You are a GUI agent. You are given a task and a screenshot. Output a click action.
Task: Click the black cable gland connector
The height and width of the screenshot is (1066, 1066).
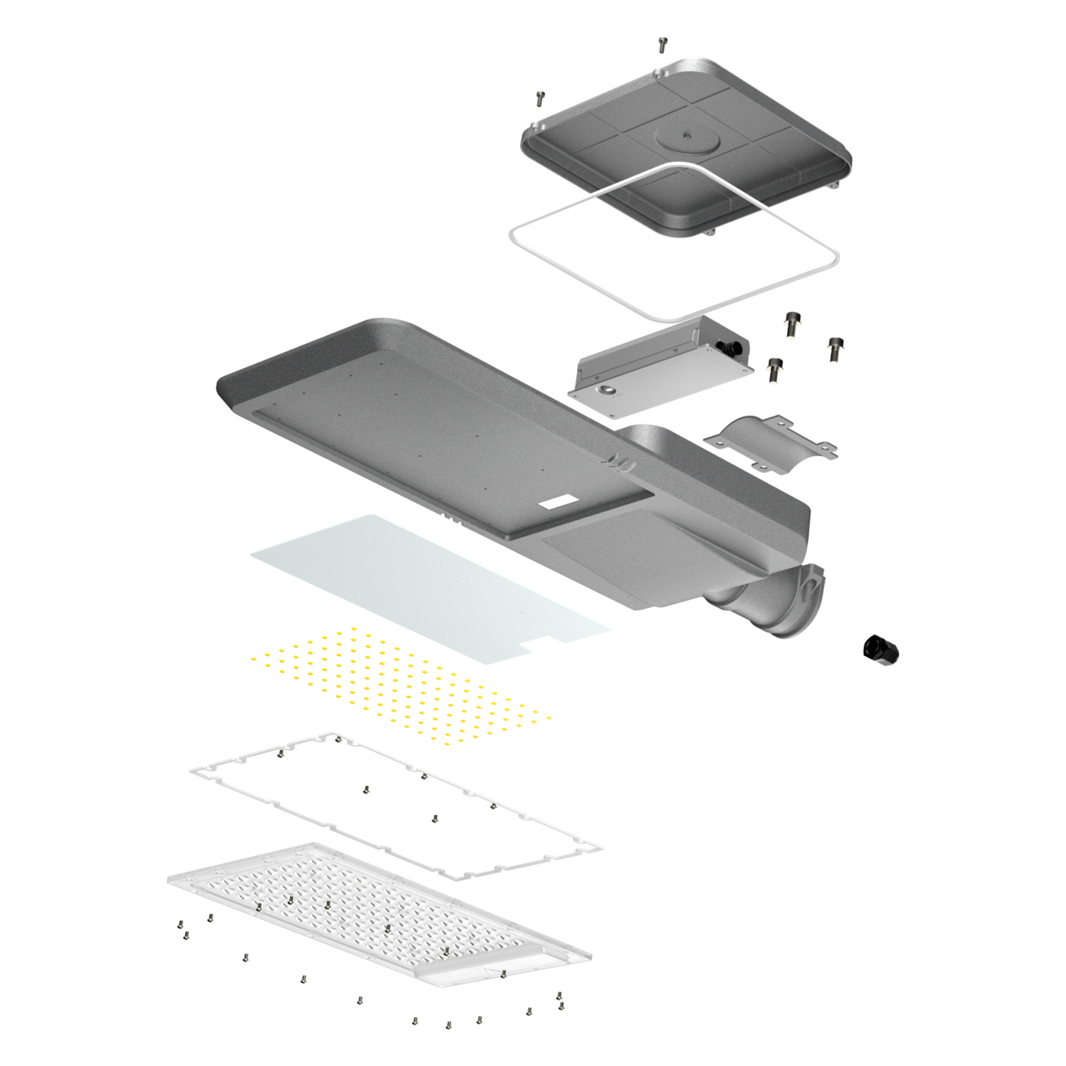(x=882, y=649)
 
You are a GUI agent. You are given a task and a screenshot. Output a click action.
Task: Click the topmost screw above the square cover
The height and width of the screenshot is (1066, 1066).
(x=662, y=45)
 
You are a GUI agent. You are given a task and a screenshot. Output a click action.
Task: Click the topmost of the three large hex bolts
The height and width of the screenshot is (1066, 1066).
(x=792, y=324)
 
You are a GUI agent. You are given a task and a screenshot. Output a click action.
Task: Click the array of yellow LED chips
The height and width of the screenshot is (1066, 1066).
(x=398, y=682)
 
